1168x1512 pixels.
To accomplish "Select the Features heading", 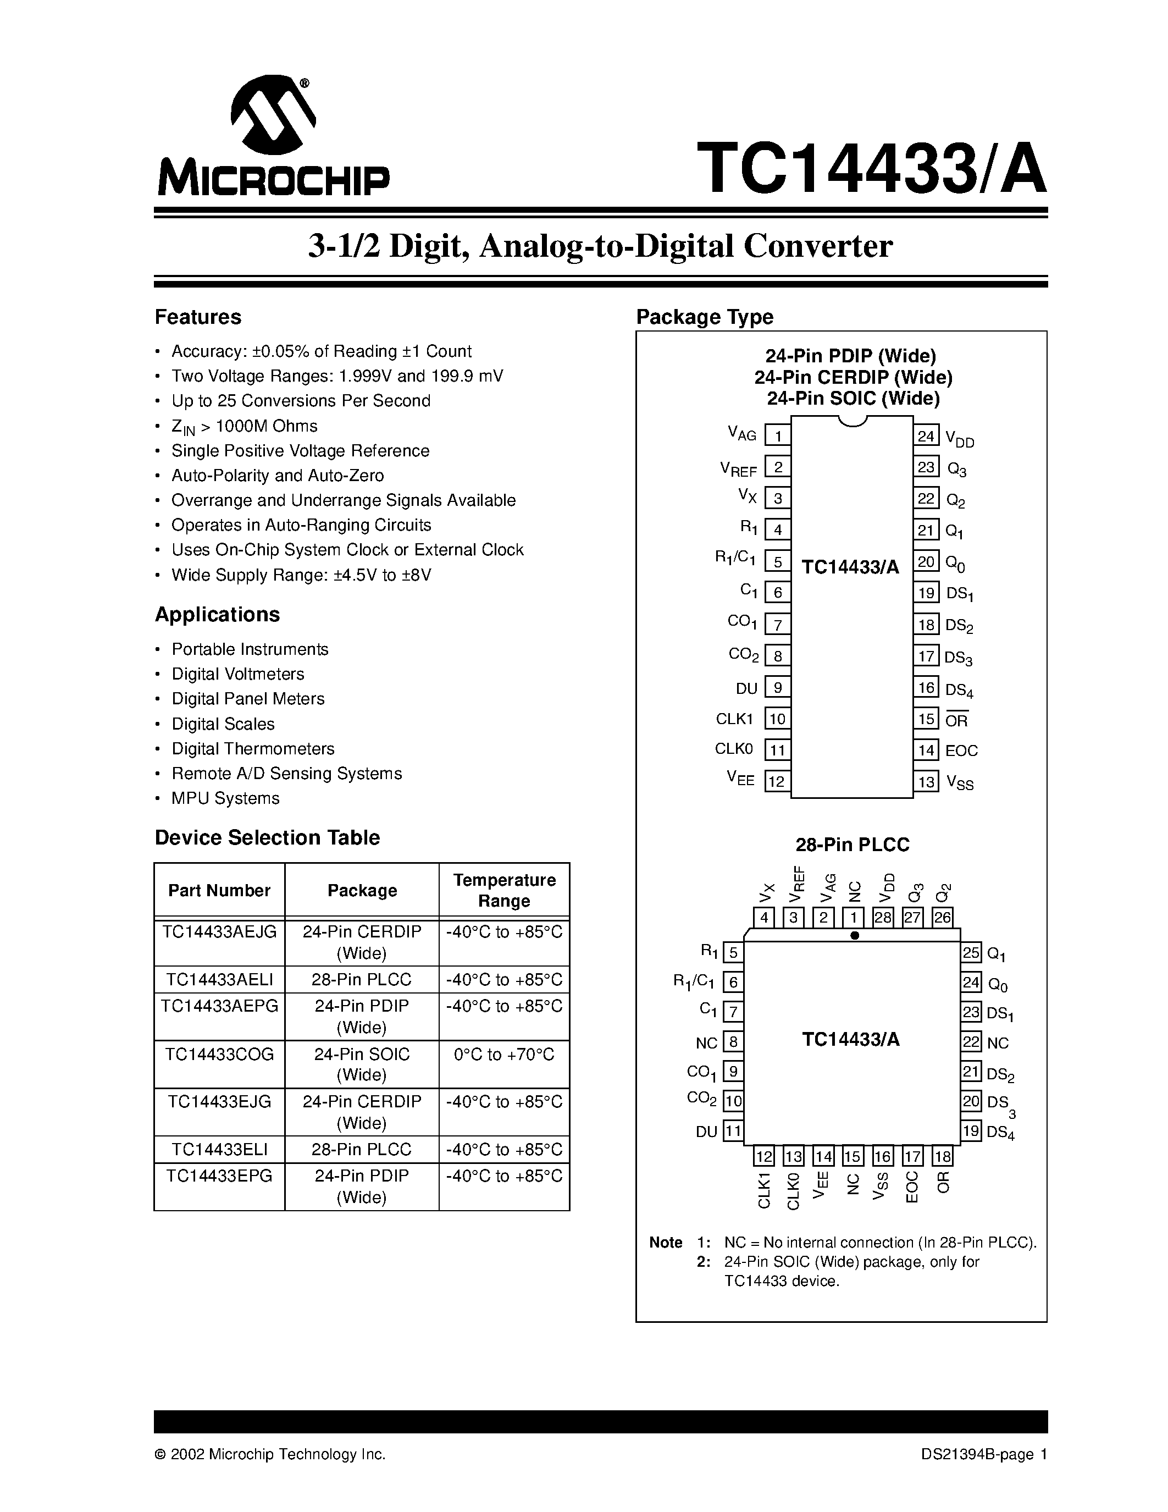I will point(198,317).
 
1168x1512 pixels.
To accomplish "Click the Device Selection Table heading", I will point(267,838).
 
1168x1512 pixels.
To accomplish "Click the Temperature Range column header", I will point(503,890).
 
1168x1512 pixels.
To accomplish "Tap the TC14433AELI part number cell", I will point(219,980).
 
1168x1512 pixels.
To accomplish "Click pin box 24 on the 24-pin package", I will point(926,436).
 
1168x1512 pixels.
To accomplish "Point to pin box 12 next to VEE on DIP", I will point(777,782).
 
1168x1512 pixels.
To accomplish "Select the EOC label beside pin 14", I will point(961,751).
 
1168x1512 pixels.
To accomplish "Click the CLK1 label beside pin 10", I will point(734,719).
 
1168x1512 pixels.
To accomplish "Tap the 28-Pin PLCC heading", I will point(852,845).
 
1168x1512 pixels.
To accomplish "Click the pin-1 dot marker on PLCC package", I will point(855,935).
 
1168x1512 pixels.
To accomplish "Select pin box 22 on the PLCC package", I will point(971,1042).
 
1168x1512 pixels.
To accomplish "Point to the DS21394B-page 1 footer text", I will point(983,1454).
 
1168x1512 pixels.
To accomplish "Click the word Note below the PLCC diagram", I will point(666,1243).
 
